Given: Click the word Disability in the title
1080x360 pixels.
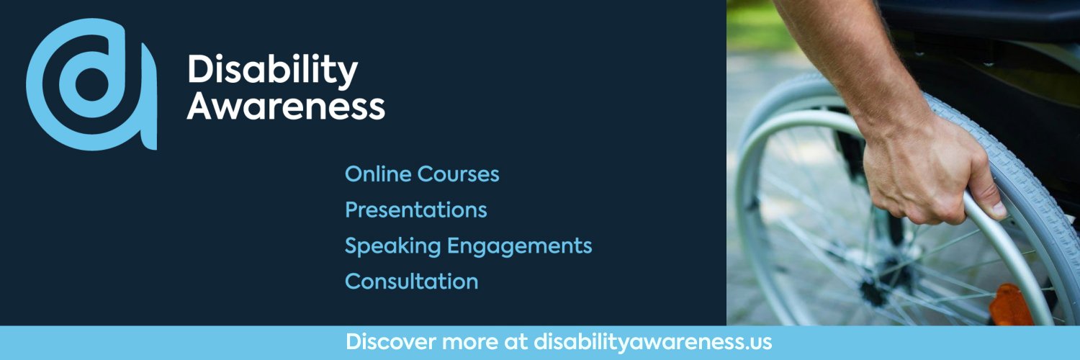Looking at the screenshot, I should pyautogui.click(x=272, y=71).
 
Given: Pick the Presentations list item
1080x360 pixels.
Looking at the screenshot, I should pyautogui.click(x=415, y=210).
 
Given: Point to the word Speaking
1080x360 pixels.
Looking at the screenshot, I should pyautogui.click(x=392, y=246).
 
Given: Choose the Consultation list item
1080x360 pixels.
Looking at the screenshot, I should pyautogui.click(x=411, y=282).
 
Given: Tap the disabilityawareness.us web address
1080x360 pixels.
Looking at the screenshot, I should pyautogui.click(x=652, y=342).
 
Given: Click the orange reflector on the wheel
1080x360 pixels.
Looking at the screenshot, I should pyautogui.click(x=1012, y=306).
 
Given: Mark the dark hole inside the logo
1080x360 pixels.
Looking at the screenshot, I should pyautogui.click(x=91, y=84).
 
